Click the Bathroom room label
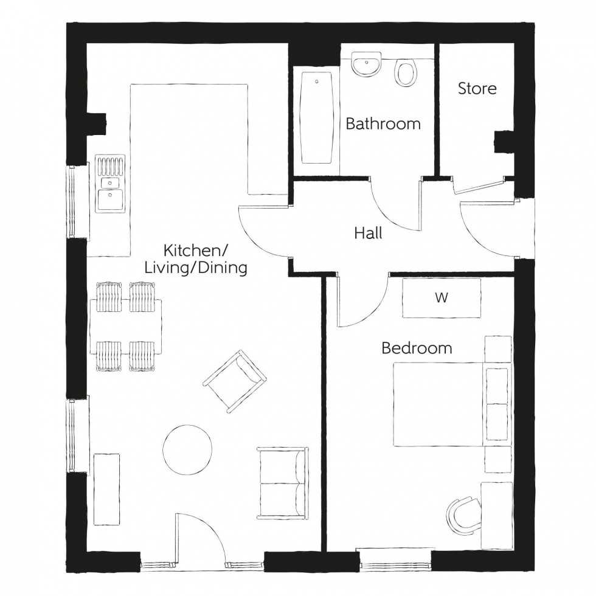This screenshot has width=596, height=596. [x=383, y=124]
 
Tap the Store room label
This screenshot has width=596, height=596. [x=477, y=89]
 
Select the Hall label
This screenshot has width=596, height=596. [x=369, y=233]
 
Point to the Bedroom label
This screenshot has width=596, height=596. [x=417, y=348]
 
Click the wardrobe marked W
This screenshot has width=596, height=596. [x=442, y=298]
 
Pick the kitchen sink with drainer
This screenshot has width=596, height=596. [x=110, y=185]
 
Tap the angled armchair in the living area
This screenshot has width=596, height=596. [x=235, y=381]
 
